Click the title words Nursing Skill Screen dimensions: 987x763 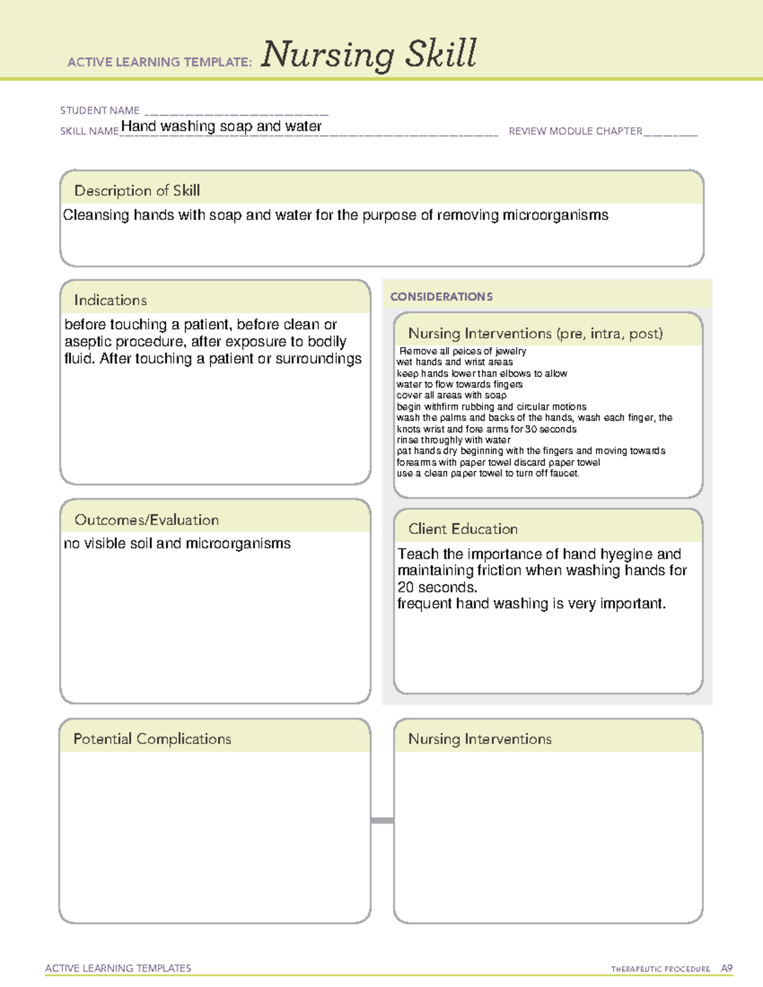click(368, 54)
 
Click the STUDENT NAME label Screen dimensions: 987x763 click(100, 111)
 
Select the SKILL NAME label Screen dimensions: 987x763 click(89, 131)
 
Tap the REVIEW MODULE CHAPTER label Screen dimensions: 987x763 click(575, 131)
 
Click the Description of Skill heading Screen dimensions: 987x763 click(137, 191)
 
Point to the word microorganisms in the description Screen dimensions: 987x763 click(555, 215)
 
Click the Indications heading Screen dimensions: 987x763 click(110, 300)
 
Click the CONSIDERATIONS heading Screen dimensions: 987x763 click(441, 297)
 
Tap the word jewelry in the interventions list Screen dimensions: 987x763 click(511, 351)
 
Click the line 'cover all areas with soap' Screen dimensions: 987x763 click(451, 395)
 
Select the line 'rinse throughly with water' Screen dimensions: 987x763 click(453, 440)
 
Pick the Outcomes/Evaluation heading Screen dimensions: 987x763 click(146, 520)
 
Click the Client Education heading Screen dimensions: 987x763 click(462, 529)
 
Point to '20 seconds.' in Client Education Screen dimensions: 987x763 click(437, 587)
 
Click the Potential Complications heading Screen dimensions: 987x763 click(152, 739)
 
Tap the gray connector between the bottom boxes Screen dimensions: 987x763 click(382, 820)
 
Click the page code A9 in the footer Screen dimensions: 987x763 click(726, 969)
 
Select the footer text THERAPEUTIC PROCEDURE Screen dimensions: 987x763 click(660, 969)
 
